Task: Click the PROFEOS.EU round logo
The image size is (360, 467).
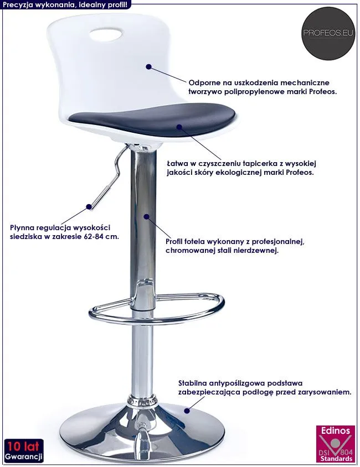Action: click(328, 33)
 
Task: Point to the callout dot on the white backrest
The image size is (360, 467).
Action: click(149, 66)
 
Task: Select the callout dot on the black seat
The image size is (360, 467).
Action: click(179, 127)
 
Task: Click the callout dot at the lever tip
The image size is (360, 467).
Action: click(89, 206)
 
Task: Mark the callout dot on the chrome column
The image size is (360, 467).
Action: click(146, 216)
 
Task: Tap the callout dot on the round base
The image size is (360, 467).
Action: click(187, 411)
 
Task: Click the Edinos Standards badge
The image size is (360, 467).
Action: click(336, 444)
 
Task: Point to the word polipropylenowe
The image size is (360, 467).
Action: click(254, 92)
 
